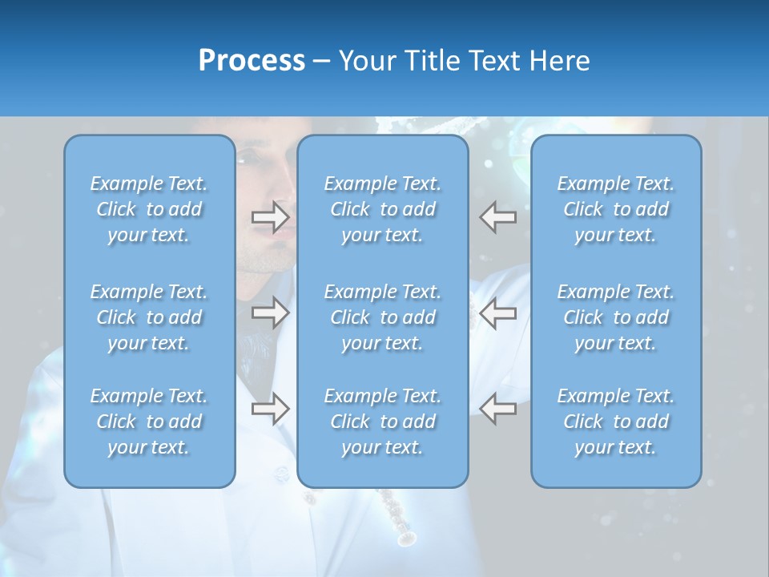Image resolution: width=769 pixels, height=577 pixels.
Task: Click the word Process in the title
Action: click(x=252, y=61)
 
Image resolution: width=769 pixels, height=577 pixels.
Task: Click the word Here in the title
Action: click(x=559, y=61)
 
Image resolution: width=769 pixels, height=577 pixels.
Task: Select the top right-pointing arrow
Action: click(x=270, y=217)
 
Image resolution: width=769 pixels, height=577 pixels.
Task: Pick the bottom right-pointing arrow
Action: click(x=270, y=409)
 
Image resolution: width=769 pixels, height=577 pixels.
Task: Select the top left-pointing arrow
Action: click(x=497, y=217)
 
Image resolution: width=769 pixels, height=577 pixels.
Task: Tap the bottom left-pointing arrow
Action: click(x=497, y=409)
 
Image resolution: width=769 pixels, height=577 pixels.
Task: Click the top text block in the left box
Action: click(x=149, y=209)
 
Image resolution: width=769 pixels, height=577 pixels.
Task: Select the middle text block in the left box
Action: click(x=149, y=317)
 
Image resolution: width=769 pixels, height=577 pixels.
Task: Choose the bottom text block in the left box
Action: click(x=149, y=422)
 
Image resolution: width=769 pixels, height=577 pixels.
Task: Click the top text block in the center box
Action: click(x=383, y=209)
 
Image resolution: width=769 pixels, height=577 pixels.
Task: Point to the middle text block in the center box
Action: click(x=383, y=317)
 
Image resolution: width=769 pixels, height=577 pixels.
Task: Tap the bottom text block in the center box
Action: click(x=383, y=422)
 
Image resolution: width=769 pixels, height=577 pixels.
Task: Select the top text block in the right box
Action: click(x=616, y=209)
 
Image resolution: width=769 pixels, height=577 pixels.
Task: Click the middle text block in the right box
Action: click(x=616, y=317)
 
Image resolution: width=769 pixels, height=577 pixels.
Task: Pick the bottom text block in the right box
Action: click(x=616, y=422)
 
